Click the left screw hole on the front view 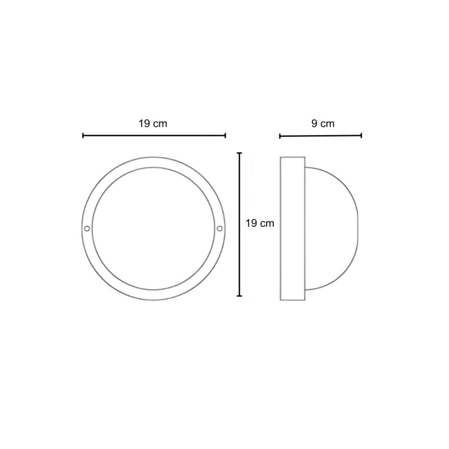87,228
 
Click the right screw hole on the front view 219,228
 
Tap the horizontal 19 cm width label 153,123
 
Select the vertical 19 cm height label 260,223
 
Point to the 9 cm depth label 323,123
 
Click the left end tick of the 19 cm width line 83,135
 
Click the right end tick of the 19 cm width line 226,135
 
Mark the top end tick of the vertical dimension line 240,153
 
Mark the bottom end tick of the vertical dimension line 240,296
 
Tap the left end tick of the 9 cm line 280,136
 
